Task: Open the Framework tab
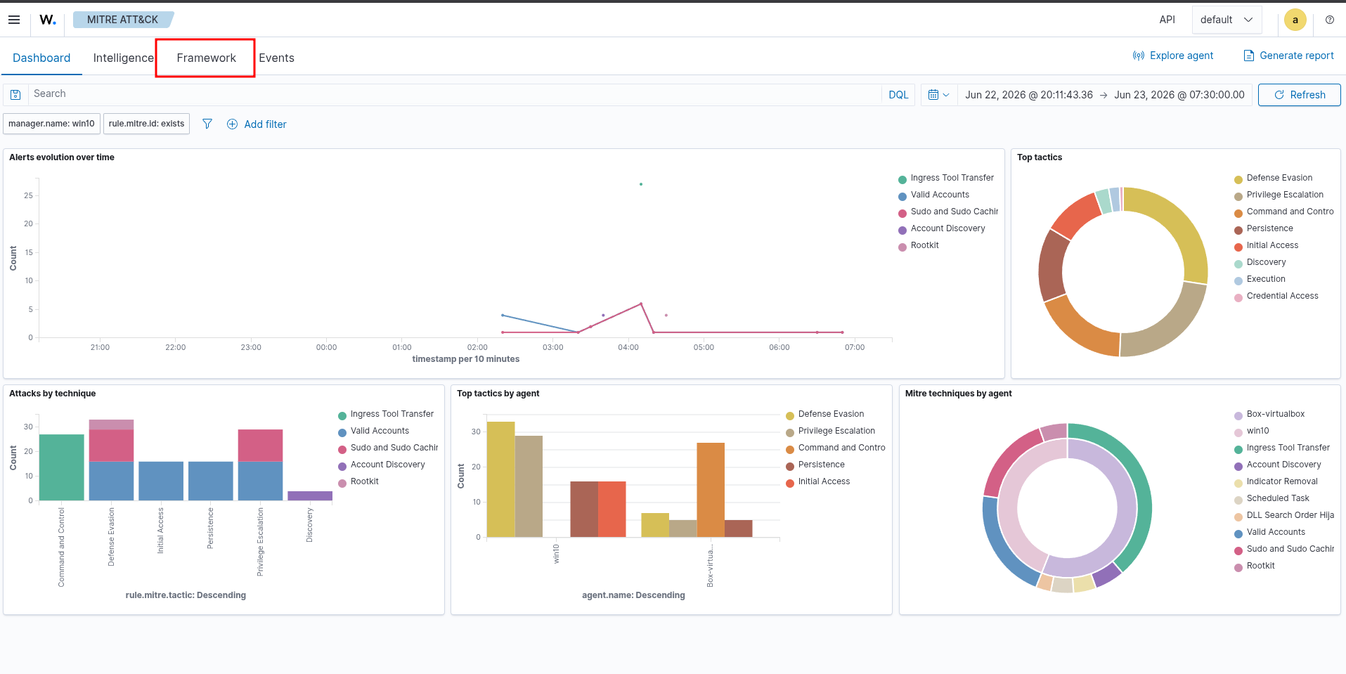tap(206, 58)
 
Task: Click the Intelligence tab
tap(123, 58)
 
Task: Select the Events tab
tap(276, 58)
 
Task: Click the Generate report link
tap(1288, 56)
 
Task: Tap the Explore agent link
tap(1173, 56)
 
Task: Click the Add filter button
tap(257, 124)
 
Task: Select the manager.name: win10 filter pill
tap(52, 124)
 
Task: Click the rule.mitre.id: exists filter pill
tap(146, 124)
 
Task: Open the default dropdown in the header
tap(1227, 20)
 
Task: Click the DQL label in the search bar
tap(898, 95)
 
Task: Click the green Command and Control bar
tap(62, 467)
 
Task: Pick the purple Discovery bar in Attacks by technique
tap(310, 495)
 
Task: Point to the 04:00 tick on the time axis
tap(628, 347)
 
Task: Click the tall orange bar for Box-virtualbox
tap(711, 490)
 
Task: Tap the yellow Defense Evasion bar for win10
tap(501, 479)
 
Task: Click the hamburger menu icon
tap(14, 20)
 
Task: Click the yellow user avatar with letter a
tap(1295, 20)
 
